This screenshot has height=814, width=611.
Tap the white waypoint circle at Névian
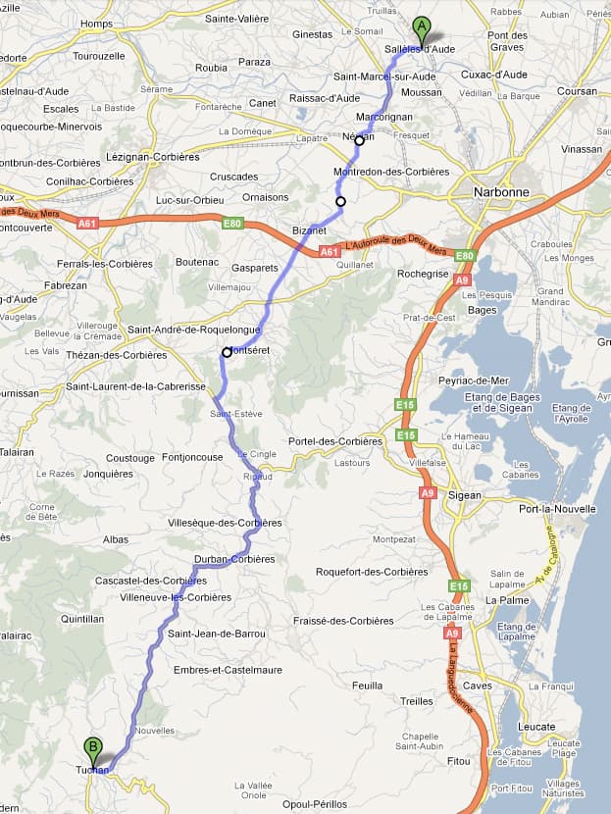[359, 140]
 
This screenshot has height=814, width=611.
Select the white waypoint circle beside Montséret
[227, 352]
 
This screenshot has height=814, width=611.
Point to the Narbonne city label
[501, 192]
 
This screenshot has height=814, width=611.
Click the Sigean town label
[464, 495]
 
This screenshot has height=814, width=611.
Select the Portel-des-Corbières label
[334, 441]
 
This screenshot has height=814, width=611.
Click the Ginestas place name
[312, 34]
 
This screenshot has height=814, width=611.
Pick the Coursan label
[578, 91]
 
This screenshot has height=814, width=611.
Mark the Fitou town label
[458, 761]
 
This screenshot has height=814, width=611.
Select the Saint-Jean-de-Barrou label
[217, 634]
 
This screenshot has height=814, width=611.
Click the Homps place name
[97, 24]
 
